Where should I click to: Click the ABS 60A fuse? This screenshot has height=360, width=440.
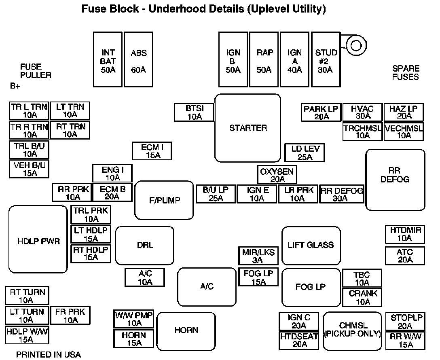click(x=139, y=59)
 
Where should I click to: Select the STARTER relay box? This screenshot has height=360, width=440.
click(x=248, y=128)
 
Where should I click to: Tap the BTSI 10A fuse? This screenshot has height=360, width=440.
click(x=194, y=112)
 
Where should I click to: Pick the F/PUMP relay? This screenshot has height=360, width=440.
click(x=164, y=200)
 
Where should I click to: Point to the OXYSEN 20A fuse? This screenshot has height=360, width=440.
click(x=277, y=175)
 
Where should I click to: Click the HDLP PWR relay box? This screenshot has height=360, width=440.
click(x=38, y=239)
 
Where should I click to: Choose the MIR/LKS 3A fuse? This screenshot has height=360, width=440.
click(x=258, y=256)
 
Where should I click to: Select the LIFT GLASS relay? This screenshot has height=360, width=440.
click(x=311, y=246)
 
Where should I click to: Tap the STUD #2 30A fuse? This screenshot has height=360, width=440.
click(x=326, y=59)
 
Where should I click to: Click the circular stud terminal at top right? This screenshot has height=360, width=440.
click(x=356, y=45)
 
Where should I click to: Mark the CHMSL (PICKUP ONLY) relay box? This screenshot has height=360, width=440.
click(x=353, y=331)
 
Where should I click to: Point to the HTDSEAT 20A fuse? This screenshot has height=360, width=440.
click(x=299, y=341)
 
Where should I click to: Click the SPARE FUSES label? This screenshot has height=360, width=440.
click(x=406, y=73)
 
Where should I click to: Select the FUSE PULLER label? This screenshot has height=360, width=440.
click(x=36, y=71)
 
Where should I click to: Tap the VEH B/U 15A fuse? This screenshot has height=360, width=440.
click(x=29, y=169)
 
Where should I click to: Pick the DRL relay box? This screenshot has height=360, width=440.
click(x=145, y=246)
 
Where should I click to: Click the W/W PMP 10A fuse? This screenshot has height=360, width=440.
click(x=134, y=319)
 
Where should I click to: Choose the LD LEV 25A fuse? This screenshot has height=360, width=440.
click(x=305, y=152)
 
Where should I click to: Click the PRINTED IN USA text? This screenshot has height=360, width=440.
click(x=49, y=355)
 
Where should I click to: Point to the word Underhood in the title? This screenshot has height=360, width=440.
click(x=197, y=9)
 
